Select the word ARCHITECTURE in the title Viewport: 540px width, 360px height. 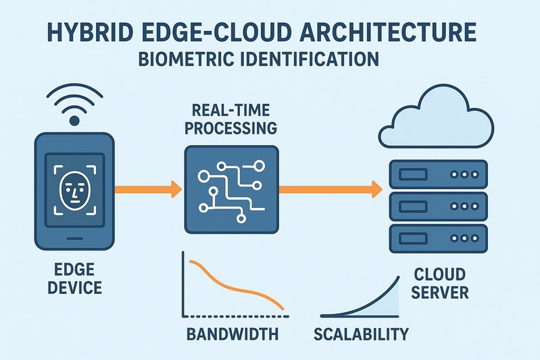(385, 33)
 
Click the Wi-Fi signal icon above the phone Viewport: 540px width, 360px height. (74, 105)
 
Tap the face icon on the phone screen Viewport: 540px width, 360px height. (74, 188)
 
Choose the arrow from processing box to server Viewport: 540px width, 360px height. (327, 189)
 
